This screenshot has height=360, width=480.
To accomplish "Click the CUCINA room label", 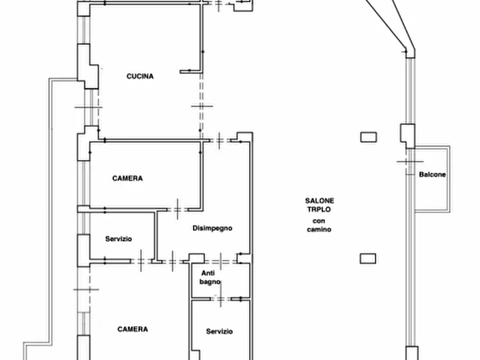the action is click(140, 76).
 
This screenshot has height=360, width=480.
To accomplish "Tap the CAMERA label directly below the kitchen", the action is click(127, 178).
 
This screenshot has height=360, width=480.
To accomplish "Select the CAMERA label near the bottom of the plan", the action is click(133, 329).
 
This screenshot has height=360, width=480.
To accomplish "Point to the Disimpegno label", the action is click(212, 228).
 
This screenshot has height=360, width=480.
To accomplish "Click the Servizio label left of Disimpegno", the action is click(118, 239).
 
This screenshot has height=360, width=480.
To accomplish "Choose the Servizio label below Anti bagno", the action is click(219, 331).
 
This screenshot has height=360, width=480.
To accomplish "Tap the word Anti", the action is click(208, 273).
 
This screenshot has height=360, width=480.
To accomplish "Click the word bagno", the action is click(210, 282).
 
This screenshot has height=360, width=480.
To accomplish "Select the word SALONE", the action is click(319, 201).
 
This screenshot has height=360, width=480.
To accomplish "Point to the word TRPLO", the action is click(319, 210).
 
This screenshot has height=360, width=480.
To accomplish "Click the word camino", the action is click(319, 229).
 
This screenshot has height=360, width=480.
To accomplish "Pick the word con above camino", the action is click(319, 221).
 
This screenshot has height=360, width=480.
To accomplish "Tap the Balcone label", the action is click(432, 175).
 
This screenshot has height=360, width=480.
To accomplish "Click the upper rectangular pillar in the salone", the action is click(369, 137).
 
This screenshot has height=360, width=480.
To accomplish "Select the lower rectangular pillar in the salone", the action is click(368, 258).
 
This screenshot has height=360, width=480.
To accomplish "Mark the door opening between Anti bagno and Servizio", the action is click(220, 299).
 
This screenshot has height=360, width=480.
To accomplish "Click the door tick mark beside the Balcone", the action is click(410, 161).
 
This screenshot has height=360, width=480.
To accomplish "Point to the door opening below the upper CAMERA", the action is click(177, 210).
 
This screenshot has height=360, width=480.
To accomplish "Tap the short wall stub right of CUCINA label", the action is click(190, 71).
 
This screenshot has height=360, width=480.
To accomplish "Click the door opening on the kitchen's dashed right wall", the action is click(202, 106).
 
